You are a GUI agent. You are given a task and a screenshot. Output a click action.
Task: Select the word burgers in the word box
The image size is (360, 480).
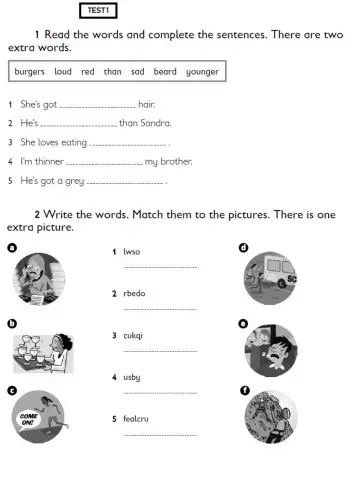(31, 72)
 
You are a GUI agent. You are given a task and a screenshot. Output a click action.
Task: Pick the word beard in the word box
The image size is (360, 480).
(165, 72)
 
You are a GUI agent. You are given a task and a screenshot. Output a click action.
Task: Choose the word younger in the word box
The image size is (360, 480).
(202, 72)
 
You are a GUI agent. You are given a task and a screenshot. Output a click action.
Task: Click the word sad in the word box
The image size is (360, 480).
(138, 72)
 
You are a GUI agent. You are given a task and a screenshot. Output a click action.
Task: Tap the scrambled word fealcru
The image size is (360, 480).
(137, 419)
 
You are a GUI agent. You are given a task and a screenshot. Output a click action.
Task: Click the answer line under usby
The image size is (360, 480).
(159, 392)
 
